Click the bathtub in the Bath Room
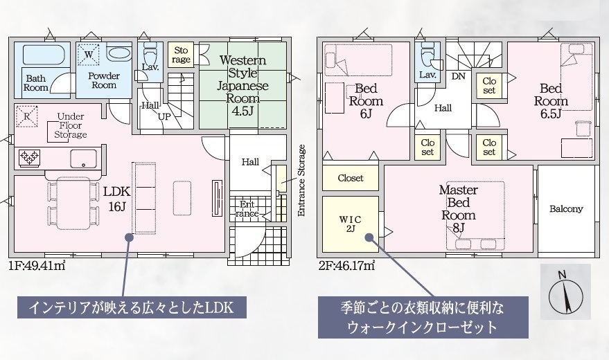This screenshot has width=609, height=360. pos(43,55)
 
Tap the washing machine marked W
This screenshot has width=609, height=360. pos(89,55)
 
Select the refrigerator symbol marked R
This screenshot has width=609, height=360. pos(27,116)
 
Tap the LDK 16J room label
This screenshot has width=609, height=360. pos(116,199)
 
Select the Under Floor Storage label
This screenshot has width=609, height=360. pos(70,125)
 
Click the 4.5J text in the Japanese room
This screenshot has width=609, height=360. pos(242,111)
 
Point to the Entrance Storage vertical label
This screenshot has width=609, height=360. pos(302,181)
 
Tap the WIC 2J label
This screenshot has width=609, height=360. pos(351,224)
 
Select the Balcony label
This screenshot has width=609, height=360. pos(566,209)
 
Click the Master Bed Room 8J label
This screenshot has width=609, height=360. pos(458,208)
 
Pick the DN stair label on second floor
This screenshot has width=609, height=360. pos(459,76)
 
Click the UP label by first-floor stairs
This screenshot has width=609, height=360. pos(164,116)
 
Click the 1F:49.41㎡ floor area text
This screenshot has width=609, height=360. pos(37,266)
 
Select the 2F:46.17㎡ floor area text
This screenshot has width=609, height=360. pos(346,266)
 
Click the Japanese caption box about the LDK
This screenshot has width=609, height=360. pos(132,307)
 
